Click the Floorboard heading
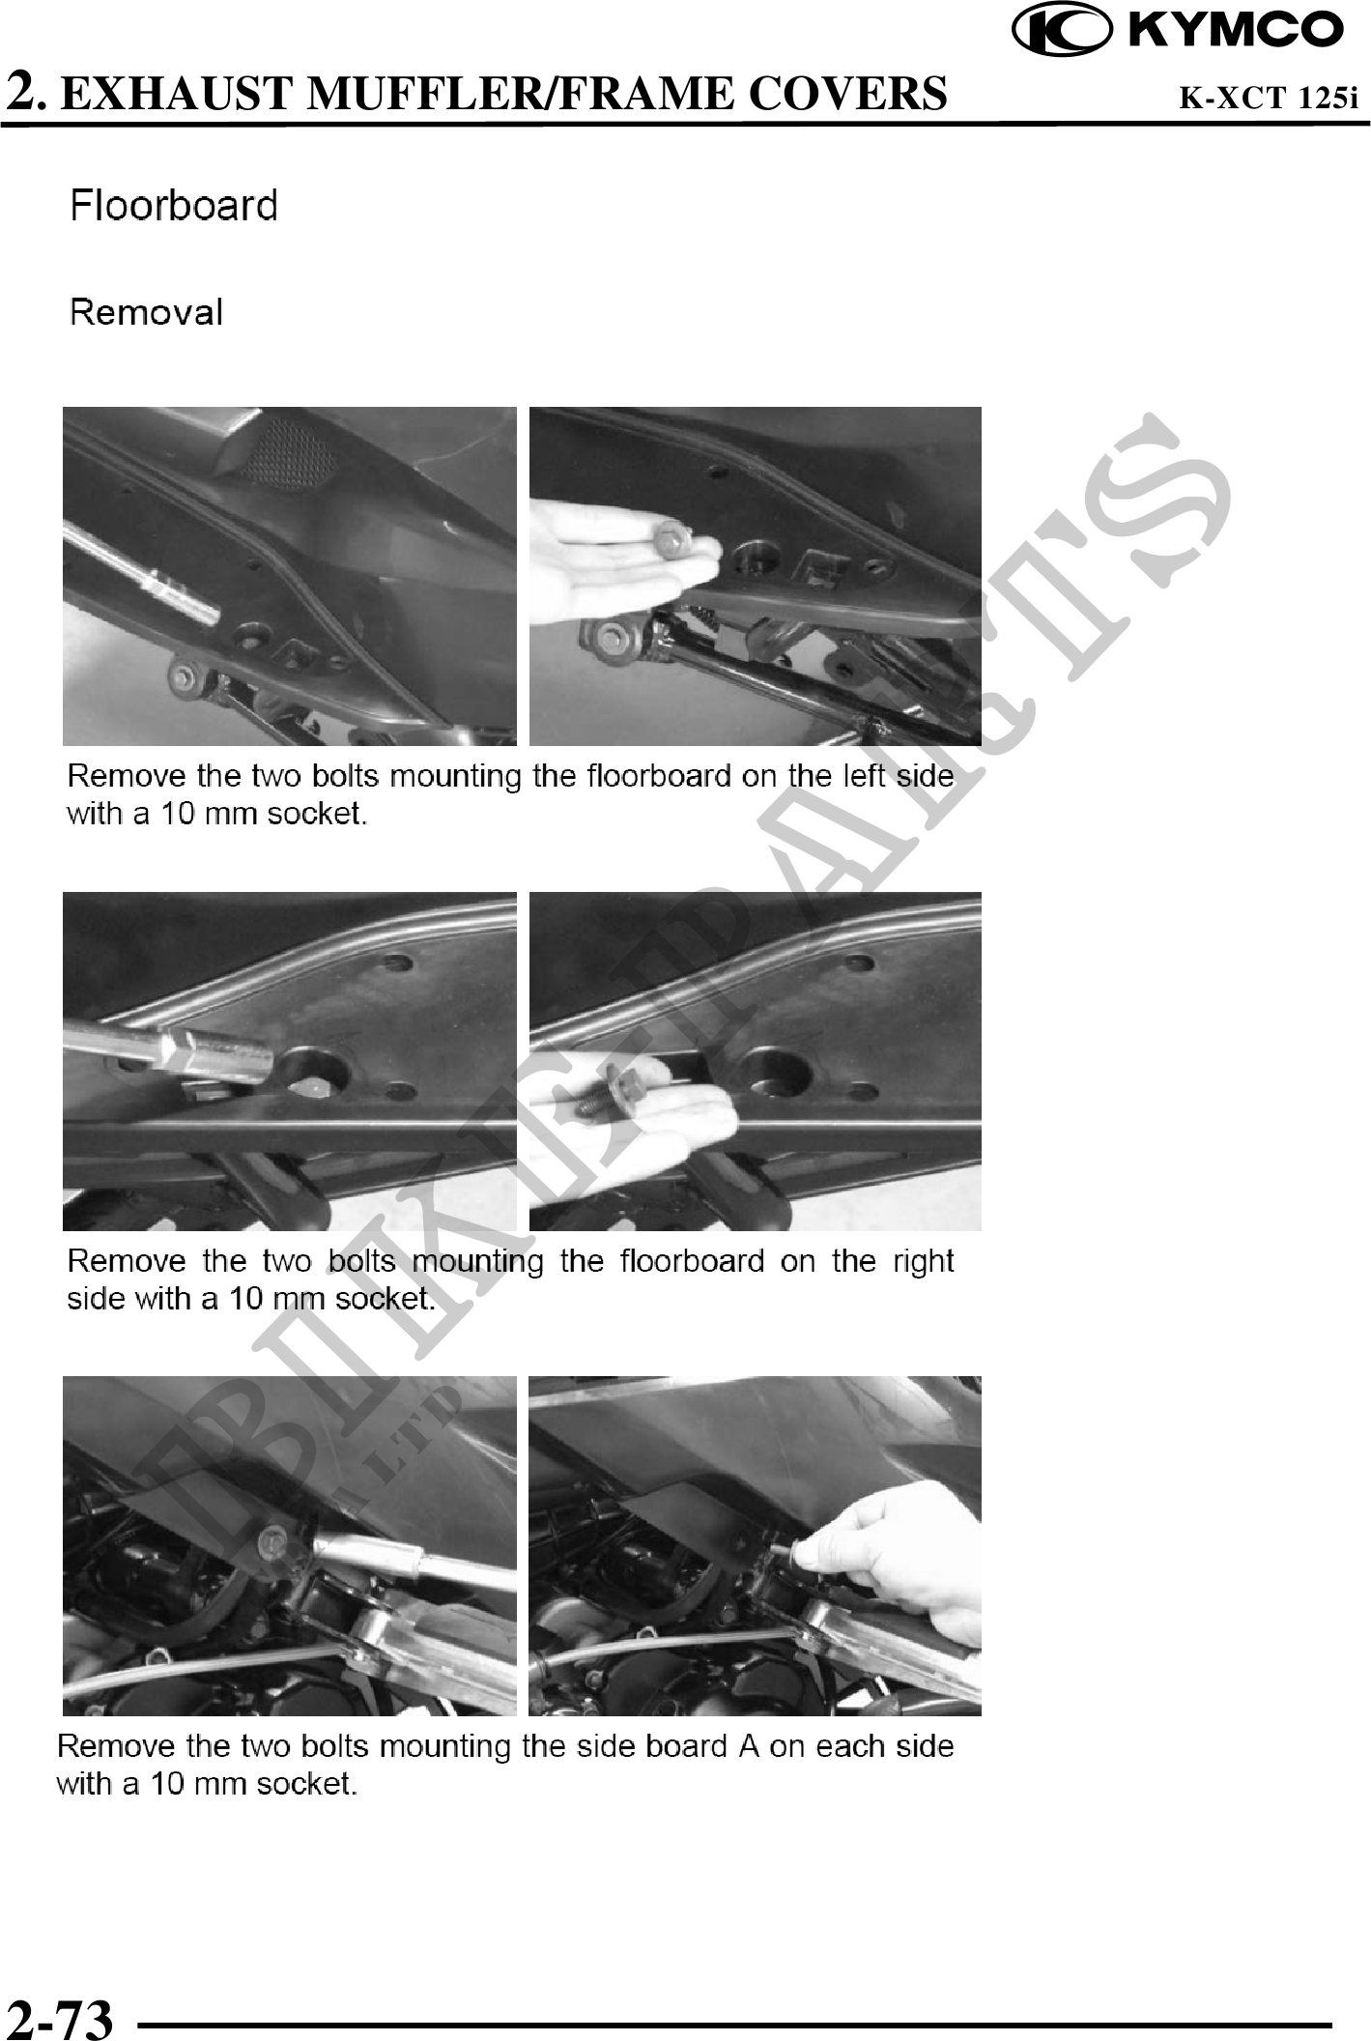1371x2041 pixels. click(x=174, y=206)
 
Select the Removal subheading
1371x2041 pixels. click(x=147, y=312)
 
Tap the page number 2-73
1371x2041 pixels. click(x=60, y=2018)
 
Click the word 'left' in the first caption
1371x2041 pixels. click(x=863, y=776)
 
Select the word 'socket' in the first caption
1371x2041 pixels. click(x=316, y=814)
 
